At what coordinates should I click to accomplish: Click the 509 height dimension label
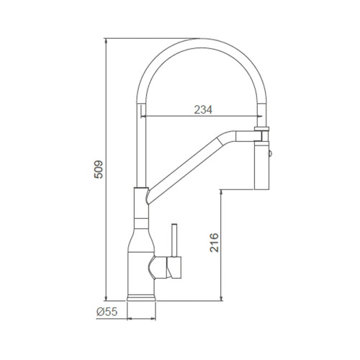[99, 169]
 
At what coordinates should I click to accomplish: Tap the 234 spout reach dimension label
[203, 109]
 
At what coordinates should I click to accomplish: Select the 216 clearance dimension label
[214, 243]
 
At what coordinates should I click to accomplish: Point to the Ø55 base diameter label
[107, 312]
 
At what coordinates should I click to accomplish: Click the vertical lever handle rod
[174, 240]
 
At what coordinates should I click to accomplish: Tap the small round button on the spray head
[270, 153]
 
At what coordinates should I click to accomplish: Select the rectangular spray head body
[261, 166]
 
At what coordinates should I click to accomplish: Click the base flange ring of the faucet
[141, 298]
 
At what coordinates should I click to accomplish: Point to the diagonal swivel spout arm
[185, 167]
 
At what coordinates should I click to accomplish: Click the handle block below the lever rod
[174, 267]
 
